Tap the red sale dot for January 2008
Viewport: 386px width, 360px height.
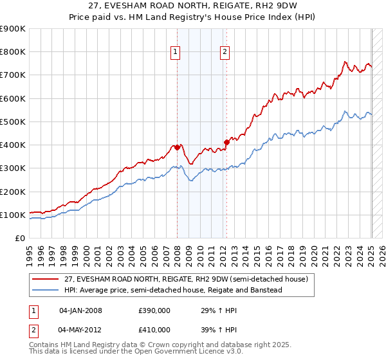point(178,147)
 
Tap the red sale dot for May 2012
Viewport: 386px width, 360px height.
point(226,142)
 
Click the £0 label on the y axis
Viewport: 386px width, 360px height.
point(19,239)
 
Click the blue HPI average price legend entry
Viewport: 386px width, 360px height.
point(173,290)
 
